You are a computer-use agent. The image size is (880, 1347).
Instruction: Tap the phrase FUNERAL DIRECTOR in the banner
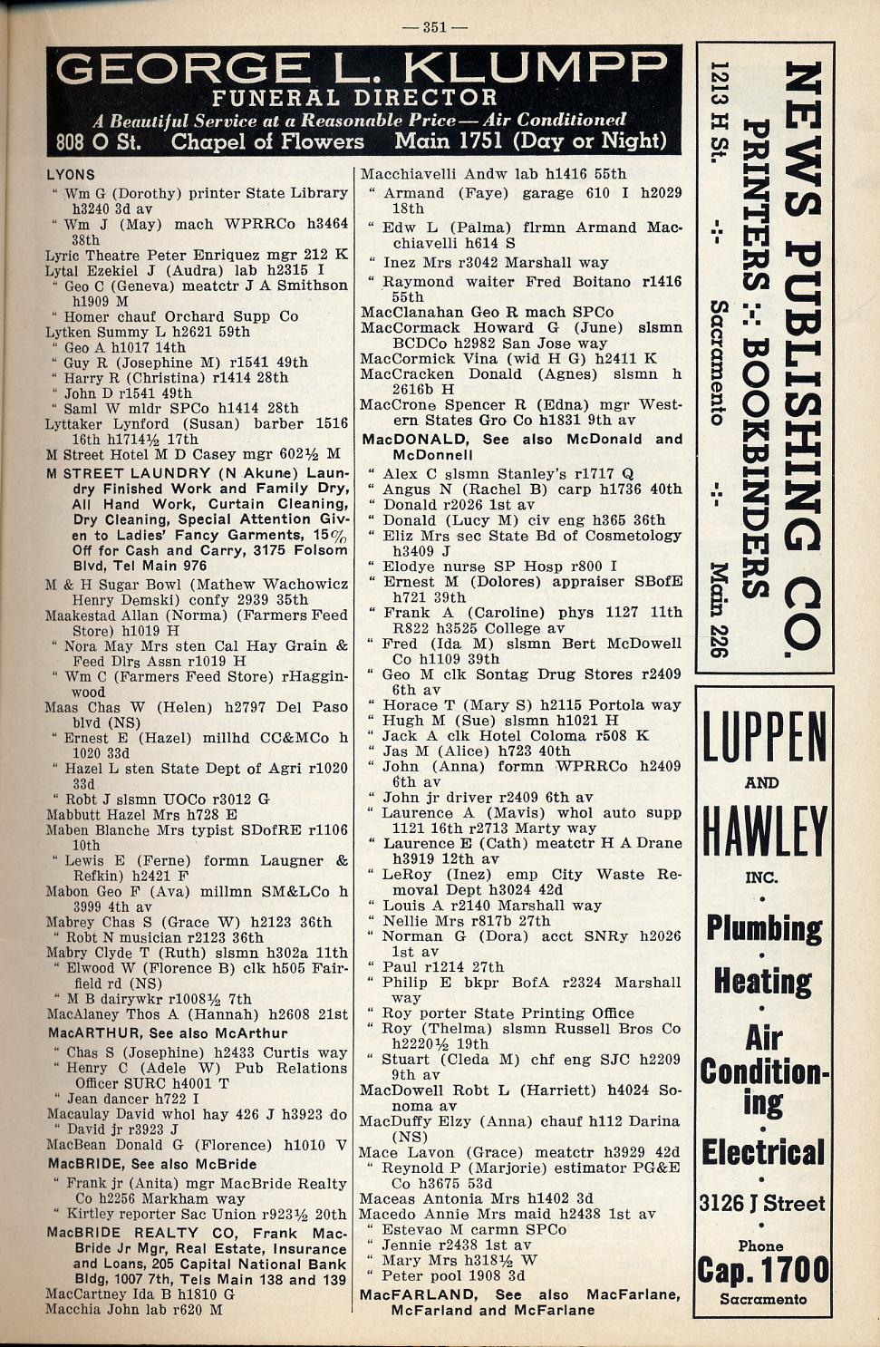354,98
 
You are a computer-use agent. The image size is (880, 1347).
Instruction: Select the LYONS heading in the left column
71,174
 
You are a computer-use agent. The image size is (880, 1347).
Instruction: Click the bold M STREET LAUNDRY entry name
129,473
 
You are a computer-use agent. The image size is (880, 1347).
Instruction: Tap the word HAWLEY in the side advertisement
764,831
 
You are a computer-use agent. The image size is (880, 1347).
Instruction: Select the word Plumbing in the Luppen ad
764,929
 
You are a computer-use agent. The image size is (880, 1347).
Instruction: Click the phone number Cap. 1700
763,1270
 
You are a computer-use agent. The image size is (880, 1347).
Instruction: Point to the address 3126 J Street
762,1204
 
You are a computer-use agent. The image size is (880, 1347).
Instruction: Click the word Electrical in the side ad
763,1153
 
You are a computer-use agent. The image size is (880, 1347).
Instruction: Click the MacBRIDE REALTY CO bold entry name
123,1233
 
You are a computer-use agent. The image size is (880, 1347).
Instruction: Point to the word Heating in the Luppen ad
763,981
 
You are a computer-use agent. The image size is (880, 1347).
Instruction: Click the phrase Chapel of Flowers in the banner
267,141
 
